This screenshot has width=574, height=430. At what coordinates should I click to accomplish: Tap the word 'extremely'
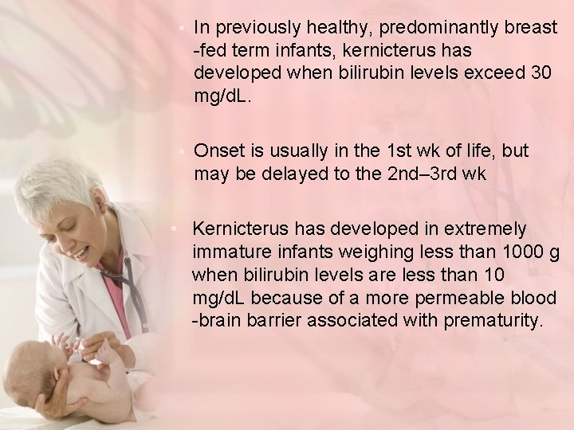487,229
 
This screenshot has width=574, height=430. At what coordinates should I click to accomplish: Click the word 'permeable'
445,299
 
